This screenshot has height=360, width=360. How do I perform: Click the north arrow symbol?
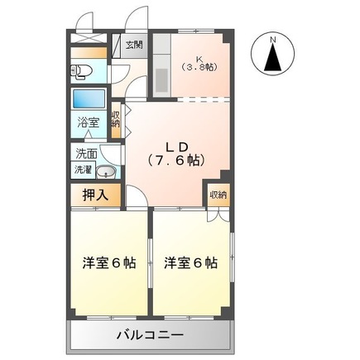tap(273, 59)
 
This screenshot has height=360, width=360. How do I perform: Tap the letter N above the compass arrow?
tap(274, 38)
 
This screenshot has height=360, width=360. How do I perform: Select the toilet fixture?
tap(83, 71)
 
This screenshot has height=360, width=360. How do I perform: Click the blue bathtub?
tap(88, 99)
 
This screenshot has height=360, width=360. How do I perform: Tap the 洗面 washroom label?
tap(86, 153)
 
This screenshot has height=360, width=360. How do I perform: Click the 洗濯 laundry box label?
tap(84, 170)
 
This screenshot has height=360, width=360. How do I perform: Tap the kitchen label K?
tap(199, 58)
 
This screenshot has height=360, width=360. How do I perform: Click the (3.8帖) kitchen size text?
tap(199, 68)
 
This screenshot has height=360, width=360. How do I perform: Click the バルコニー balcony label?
tap(150, 334)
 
